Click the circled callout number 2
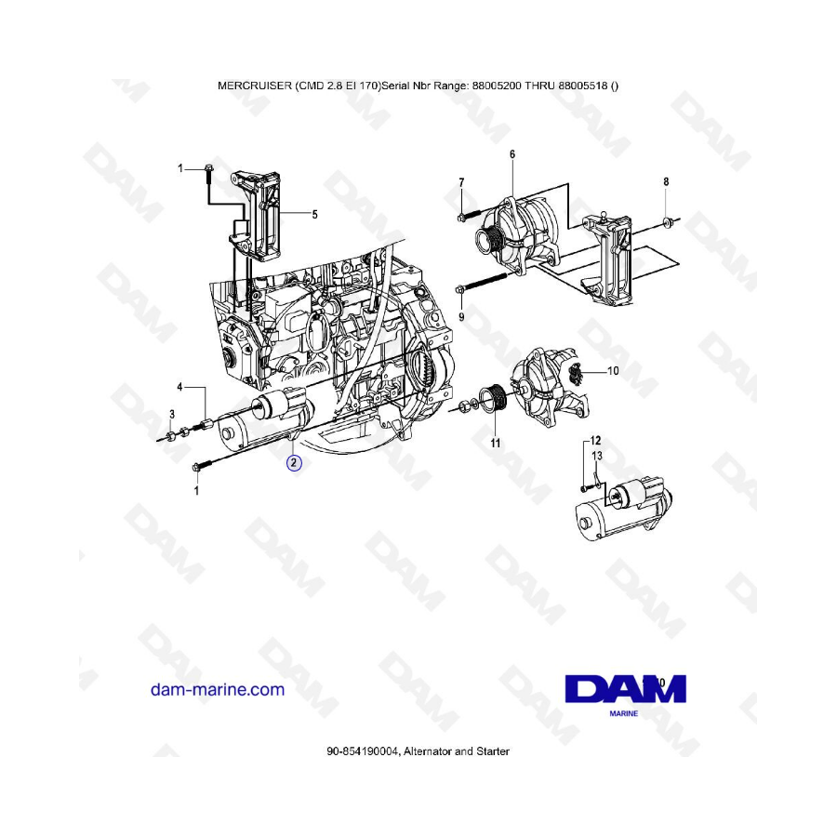click(x=294, y=463)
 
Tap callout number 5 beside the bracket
click(x=315, y=215)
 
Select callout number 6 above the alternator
click(x=512, y=154)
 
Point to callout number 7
click(x=461, y=182)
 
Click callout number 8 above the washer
click(x=666, y=182)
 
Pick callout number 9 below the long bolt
click(x=461, y=317)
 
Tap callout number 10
click(x=613, y=370)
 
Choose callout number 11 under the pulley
click(x=496, y=443)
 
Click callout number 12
click(x=595, y=441)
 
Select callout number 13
click(x=597, y=456)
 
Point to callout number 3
click(x=172, y=414)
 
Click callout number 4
click(x=179, y=387)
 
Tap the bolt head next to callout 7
click(x=461, y=217)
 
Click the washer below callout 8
click(x=666, y=221)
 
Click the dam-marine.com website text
click(x=218, y=689)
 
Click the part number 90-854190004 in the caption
click(x=363, y=751)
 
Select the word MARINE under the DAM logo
click(x=623, y=713)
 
